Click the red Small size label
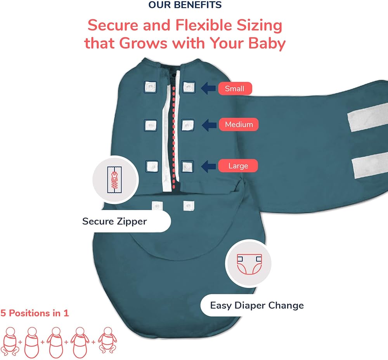click(x=235, y=88)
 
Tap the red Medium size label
click(x=239, y=124)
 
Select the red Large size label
click(x=238, y=166)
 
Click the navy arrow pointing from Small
click(x=208, y=88)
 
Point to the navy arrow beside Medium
click(x=209, y=125)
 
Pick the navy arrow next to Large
click(x=208, y=166)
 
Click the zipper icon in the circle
click(x=114, y=180)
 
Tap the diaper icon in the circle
click(x=249, y=264)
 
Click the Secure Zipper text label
click(x=114, y=222)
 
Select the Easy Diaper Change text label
click(x=257, y=305)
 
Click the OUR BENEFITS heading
click(x=185, y=5)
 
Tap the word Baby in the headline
click(x=267, y=43)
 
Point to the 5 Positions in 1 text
click(x=35, y=313)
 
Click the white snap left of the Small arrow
click(x=189, y=87)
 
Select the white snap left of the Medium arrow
click(x=187, y=125)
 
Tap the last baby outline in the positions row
click(x=107, y=341)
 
